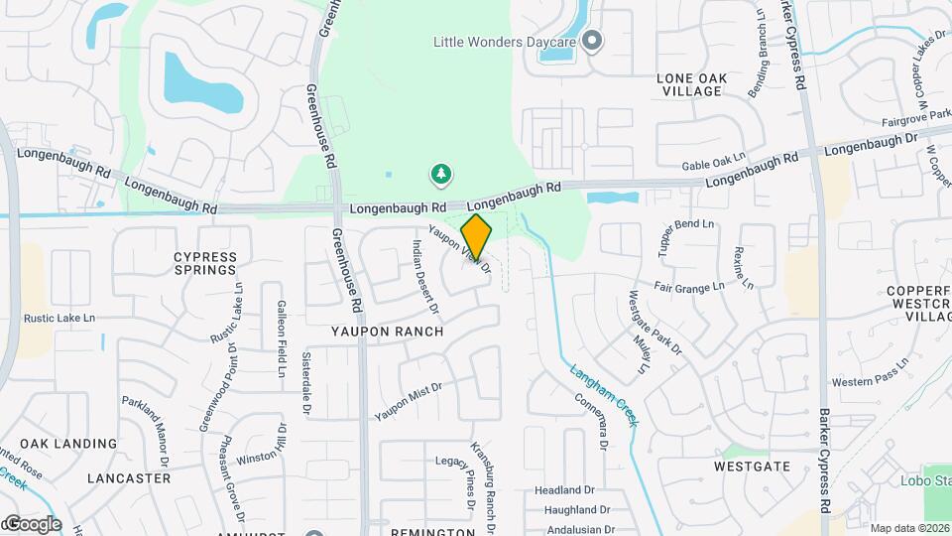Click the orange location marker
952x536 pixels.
[x=476, y=236]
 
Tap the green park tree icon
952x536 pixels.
[x=440, y=176]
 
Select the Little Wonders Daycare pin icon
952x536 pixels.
[x=592, y=42]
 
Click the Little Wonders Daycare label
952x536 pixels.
[x=505, y=42]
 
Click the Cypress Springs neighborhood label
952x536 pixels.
[x=205, y=263]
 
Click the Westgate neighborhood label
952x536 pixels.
[x=752, y=466]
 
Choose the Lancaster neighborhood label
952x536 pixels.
[x=129, y=477]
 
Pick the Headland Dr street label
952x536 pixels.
[x=564, y=490]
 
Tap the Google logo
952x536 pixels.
[x=32, y=523]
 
